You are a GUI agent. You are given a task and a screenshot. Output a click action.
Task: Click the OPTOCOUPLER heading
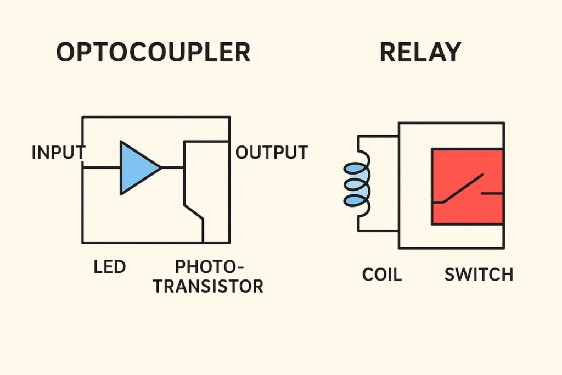[153, 53]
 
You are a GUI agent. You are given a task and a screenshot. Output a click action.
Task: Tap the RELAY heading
[420, 53]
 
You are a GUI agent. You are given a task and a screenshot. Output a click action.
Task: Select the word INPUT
[58, 153]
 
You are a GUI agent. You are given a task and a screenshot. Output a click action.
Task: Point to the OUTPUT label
[272, 153]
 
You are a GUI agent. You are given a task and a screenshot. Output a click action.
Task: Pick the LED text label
[110, 267]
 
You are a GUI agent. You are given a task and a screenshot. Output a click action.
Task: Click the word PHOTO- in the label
[209, 267]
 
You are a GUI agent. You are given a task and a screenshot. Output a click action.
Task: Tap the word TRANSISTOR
[208, 286]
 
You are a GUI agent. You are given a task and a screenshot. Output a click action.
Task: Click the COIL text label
[381, 274]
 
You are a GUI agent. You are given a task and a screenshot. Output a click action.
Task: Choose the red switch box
[467, 187]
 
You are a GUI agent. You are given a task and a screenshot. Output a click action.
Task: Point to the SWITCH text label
[479, 274]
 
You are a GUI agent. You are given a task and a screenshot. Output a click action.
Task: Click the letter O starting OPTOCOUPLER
[66, 53]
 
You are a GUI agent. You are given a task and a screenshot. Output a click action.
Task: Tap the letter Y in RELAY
[452, 53]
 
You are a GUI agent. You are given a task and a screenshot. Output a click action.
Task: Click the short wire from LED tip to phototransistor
[172, 167]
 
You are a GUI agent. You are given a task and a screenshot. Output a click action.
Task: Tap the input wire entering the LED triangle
[102, 167]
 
